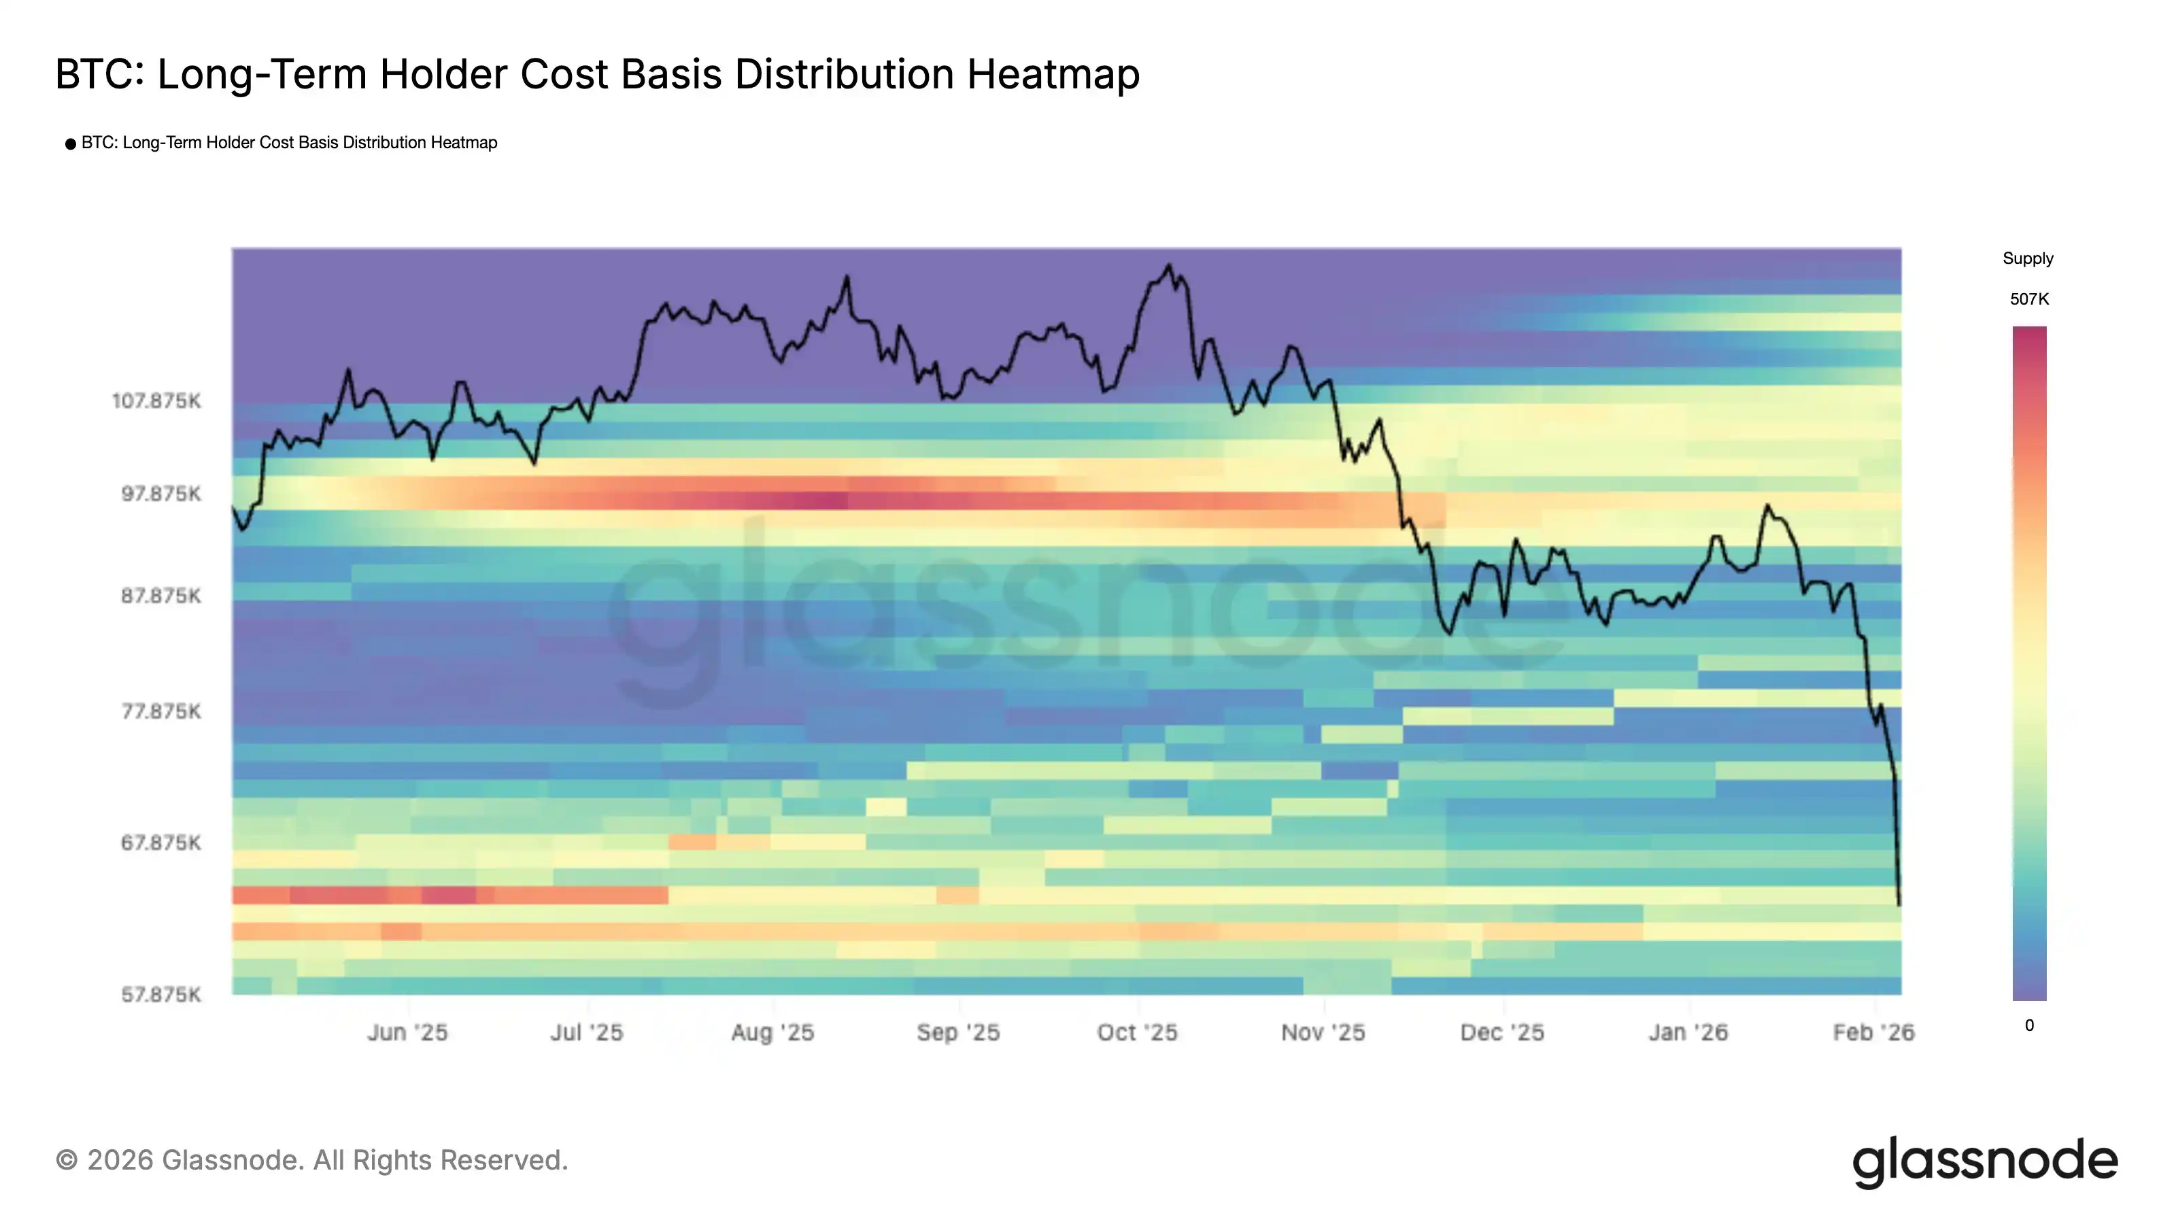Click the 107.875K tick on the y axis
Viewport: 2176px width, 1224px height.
(x=157, y=401)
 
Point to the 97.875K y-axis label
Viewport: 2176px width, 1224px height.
(x=161, y=493)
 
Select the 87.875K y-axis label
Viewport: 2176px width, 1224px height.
(x=161, y=596)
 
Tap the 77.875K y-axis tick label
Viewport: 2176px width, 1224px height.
(x=161, y=711)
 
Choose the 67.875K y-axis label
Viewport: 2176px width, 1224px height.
(x=161, y=843)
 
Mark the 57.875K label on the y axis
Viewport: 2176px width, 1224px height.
(x=161, y=994)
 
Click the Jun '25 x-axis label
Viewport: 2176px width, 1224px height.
(x=408, y=1032)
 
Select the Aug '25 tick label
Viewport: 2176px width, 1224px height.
(x=773, y=1032)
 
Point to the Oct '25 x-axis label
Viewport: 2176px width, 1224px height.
(x=1137, y=1032)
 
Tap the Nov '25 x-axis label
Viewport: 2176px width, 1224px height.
(x=1323, y=1032)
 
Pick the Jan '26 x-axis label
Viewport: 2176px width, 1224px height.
(x=1688, y=1032)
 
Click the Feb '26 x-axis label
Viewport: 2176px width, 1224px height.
(x=1873, y=1032)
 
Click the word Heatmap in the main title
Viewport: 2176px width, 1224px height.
(x=1053, y=74)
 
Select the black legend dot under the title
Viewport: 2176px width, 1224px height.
(x=71, y=144)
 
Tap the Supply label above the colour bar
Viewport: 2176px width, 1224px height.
(x=2027, y=258)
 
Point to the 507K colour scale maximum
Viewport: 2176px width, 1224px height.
(x=2029, y=299)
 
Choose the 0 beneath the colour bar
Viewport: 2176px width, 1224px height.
(x=2029, y=1025)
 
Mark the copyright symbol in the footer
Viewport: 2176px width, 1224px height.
(x=67, y=1161)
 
